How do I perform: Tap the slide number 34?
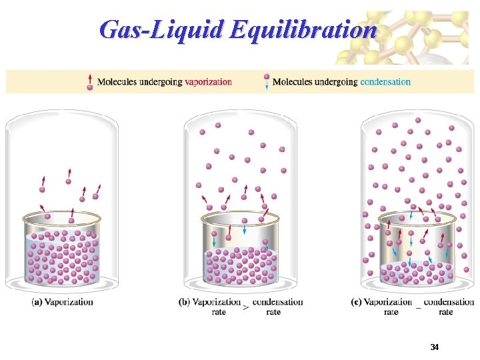coord(435,347)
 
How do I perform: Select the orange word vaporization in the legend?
coord(209,82)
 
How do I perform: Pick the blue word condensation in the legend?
coord(385,82)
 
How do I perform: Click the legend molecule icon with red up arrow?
coord(90,81)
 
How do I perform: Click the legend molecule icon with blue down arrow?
coord(267,81)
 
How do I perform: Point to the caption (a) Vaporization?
coord(62,302)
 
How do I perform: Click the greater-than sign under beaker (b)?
coord(246,308)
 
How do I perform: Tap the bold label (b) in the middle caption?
coord(185,302)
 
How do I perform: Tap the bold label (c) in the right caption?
coord(356,302)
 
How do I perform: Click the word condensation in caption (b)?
coord(278,302)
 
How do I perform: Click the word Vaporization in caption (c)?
coord(388,302)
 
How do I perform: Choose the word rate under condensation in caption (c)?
coord(446,311)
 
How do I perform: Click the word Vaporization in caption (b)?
coord(217,302)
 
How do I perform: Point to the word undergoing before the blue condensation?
coord(335,82)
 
